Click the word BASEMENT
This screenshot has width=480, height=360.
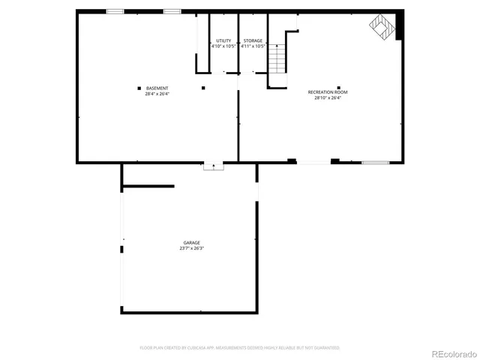[x=157, y=88]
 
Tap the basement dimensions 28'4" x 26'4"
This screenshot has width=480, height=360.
[x=157, y=94]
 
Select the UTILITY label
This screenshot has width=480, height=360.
[x=223, y=40]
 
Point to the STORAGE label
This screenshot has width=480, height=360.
[x=253, y=40]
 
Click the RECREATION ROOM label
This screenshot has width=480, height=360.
[x=328, y=92]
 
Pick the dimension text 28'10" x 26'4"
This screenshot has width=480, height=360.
[x=328, y=98]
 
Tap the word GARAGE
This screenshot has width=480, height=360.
[x=191, y=242]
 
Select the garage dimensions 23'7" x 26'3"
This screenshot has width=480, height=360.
[x=191, y=248]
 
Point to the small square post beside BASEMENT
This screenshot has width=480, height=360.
[x=139, y=88]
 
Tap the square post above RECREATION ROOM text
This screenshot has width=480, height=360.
[x=339, y=86]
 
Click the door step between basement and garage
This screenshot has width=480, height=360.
[x=214, y=166]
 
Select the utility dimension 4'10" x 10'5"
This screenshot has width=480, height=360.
[x=223, y=46]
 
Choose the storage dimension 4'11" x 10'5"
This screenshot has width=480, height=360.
[x=253, y=46]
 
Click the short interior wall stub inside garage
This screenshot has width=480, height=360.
[x=148, y=186]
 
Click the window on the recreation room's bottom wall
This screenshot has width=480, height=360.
[x=375, y=162]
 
